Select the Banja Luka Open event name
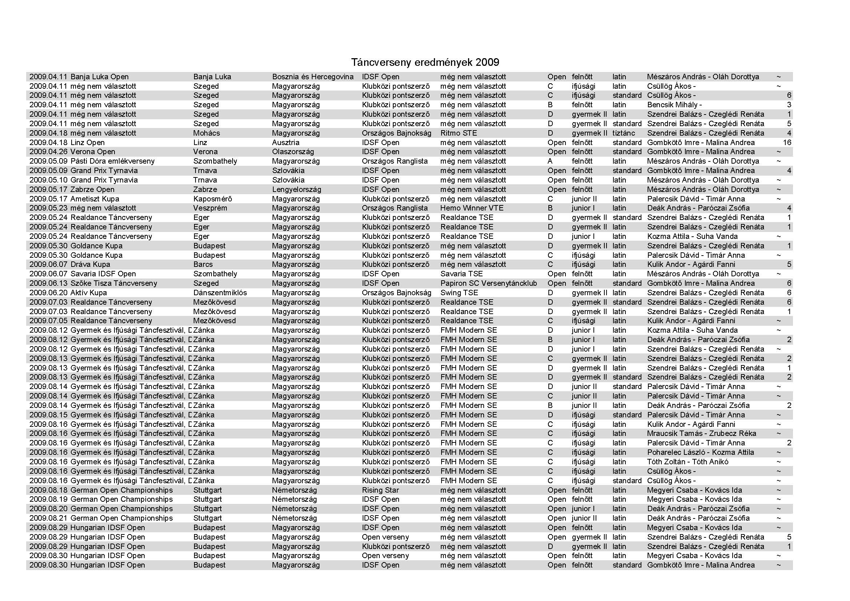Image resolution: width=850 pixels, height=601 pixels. pos(99,77)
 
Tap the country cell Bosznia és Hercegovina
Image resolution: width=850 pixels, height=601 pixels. pos(313,77)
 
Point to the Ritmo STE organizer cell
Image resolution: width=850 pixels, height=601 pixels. pos(458,133)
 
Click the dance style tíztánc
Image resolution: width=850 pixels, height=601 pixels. pos(624,133)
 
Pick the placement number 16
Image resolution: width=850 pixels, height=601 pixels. pos(787,143)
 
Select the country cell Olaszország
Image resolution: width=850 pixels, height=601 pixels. pos(293,152)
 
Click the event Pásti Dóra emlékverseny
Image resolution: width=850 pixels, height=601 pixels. pos(112,161)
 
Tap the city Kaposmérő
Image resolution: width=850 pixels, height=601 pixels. pos(213,199)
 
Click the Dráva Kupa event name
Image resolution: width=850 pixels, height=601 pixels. pos(90,264)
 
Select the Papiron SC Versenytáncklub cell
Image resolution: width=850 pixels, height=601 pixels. pos(488,283)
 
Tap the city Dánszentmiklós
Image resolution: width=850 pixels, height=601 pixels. pos(220,293)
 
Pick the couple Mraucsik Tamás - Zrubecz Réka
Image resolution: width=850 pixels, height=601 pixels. pos(701,433)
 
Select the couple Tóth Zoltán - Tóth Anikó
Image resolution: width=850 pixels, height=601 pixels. pos(688,462)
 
